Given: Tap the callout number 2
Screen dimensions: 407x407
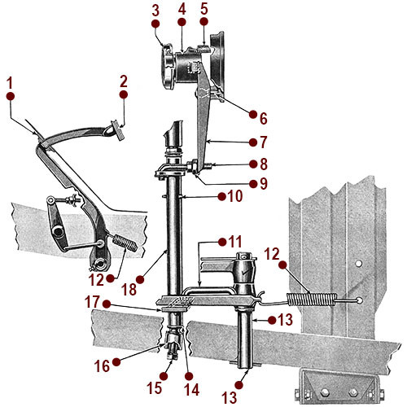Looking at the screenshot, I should click(x=124, y=81).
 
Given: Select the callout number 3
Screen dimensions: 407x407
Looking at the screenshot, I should click(x=155, y=11).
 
